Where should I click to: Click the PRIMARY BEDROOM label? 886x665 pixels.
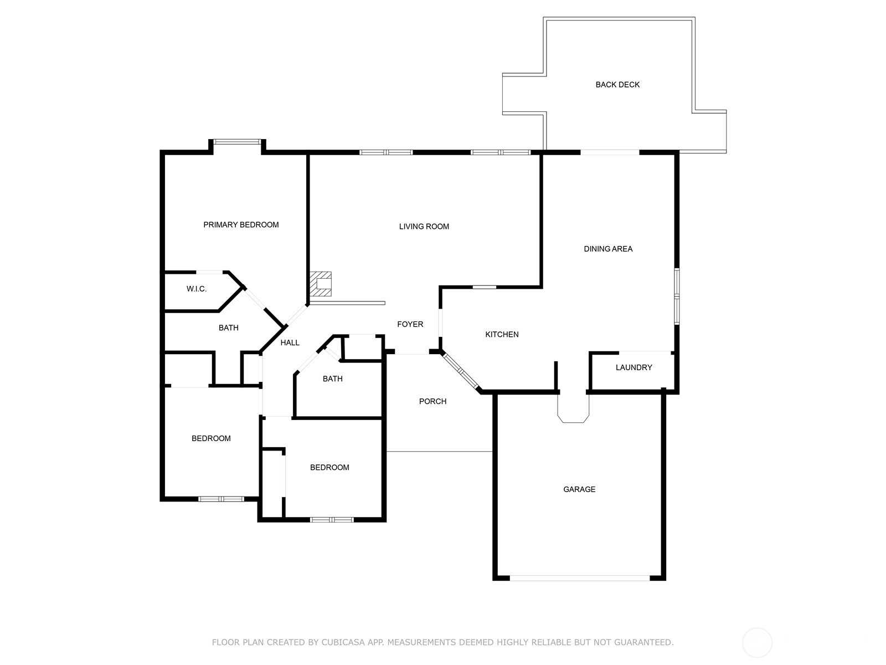click(241, 225)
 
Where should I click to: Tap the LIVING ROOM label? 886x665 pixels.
click(424, 227)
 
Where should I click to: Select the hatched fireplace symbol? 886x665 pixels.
click(321, 284)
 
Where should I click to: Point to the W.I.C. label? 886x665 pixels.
click(197, 289)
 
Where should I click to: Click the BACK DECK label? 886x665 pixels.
click(617, 85)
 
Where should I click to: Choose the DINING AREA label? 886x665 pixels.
click(608, 249)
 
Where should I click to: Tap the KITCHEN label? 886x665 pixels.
click(502, 334)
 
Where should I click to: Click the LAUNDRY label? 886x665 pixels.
click(633, 367)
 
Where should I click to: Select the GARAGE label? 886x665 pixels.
click(579, 489)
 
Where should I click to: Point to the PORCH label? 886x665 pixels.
click(432, 401)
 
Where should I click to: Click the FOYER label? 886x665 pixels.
click(410, 324)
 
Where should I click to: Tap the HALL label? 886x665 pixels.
click(290, 343)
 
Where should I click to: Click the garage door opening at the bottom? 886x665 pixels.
click(580, 578)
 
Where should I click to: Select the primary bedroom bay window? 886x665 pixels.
click(238, 142)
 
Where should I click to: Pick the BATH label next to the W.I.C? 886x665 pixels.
click(229, 328)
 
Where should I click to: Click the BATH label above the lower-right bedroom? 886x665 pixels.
click(333, 378)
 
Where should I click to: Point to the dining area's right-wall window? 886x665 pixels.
click(677, 296)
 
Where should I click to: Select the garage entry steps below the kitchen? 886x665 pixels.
click(573, 408)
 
